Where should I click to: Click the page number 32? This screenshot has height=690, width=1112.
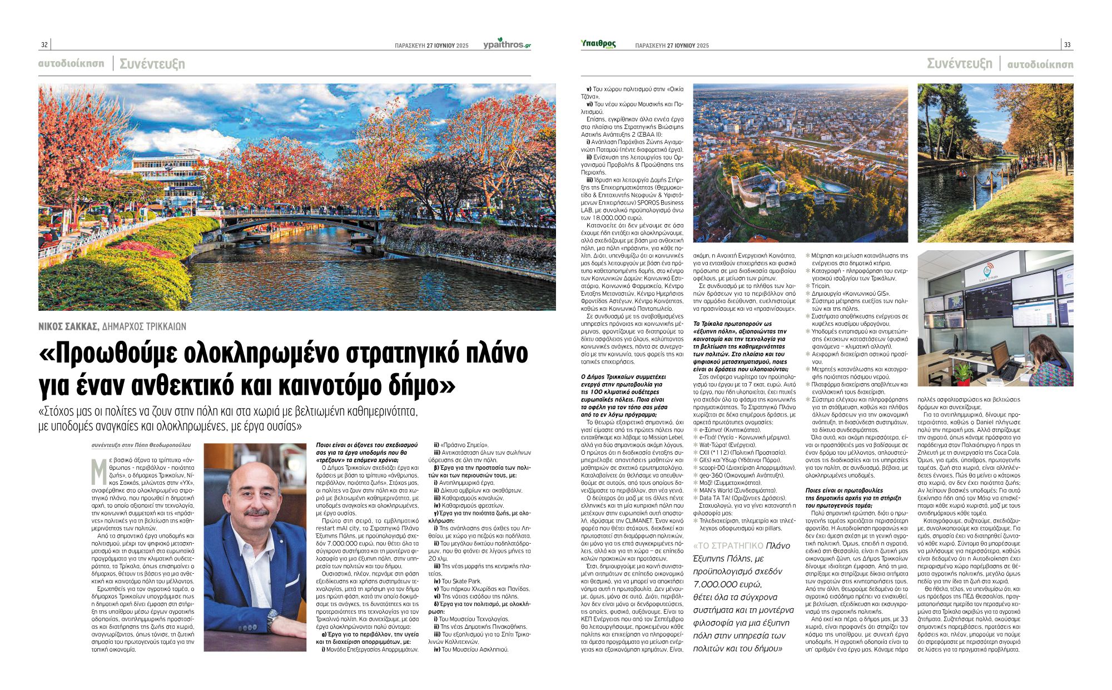coord(44,45)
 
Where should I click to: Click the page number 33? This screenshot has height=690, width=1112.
coord(1067,45)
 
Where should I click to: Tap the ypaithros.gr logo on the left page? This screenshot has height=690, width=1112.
coord(507,44)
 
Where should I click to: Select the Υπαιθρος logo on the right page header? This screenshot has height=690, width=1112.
coord(598,44)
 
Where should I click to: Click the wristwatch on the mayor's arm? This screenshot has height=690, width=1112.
coord(271,618)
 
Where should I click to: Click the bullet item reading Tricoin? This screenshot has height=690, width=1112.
coord(821,286)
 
